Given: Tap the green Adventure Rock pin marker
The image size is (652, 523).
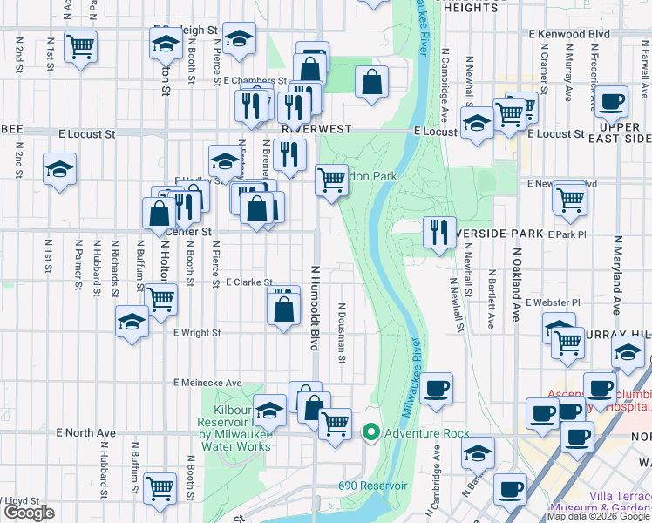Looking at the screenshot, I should (x=370, y=432).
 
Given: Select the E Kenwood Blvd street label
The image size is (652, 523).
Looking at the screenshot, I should (x=568, y=32).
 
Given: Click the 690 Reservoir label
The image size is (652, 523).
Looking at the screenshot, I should (x=373, y=485).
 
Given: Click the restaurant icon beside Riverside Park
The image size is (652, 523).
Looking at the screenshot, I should (x=438, y=232).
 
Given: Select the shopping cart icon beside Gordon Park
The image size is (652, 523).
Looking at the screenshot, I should (x=331, y=180).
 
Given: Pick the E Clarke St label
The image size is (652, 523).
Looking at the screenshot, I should (x=249, y=282).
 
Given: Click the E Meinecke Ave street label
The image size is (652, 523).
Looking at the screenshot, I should (x=207, y=383).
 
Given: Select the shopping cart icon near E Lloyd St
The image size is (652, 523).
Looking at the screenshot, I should (x=160, y=488).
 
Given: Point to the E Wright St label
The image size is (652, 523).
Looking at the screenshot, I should (x=197, y=332).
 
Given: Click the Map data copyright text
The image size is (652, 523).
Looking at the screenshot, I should (x=599, y=516).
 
